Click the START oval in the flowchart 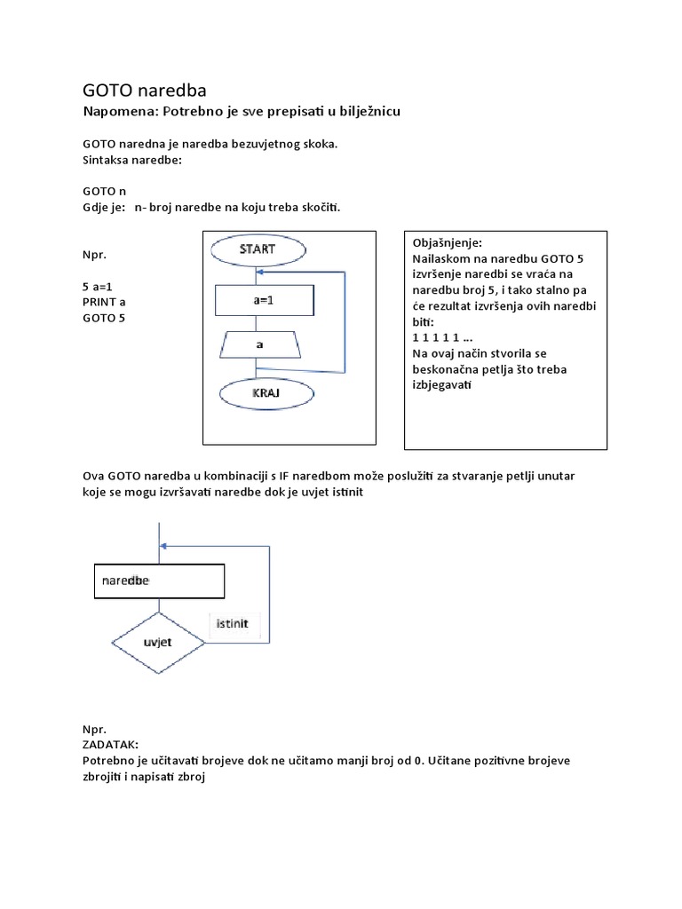(258, 249)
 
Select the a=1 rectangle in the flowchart (265, 300)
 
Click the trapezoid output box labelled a (258, 343)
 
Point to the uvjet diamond (158, 641)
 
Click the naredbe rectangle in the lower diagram (159, 581)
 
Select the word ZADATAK (111, 746)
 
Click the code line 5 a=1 (102, 287)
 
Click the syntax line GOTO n (105, 191)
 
